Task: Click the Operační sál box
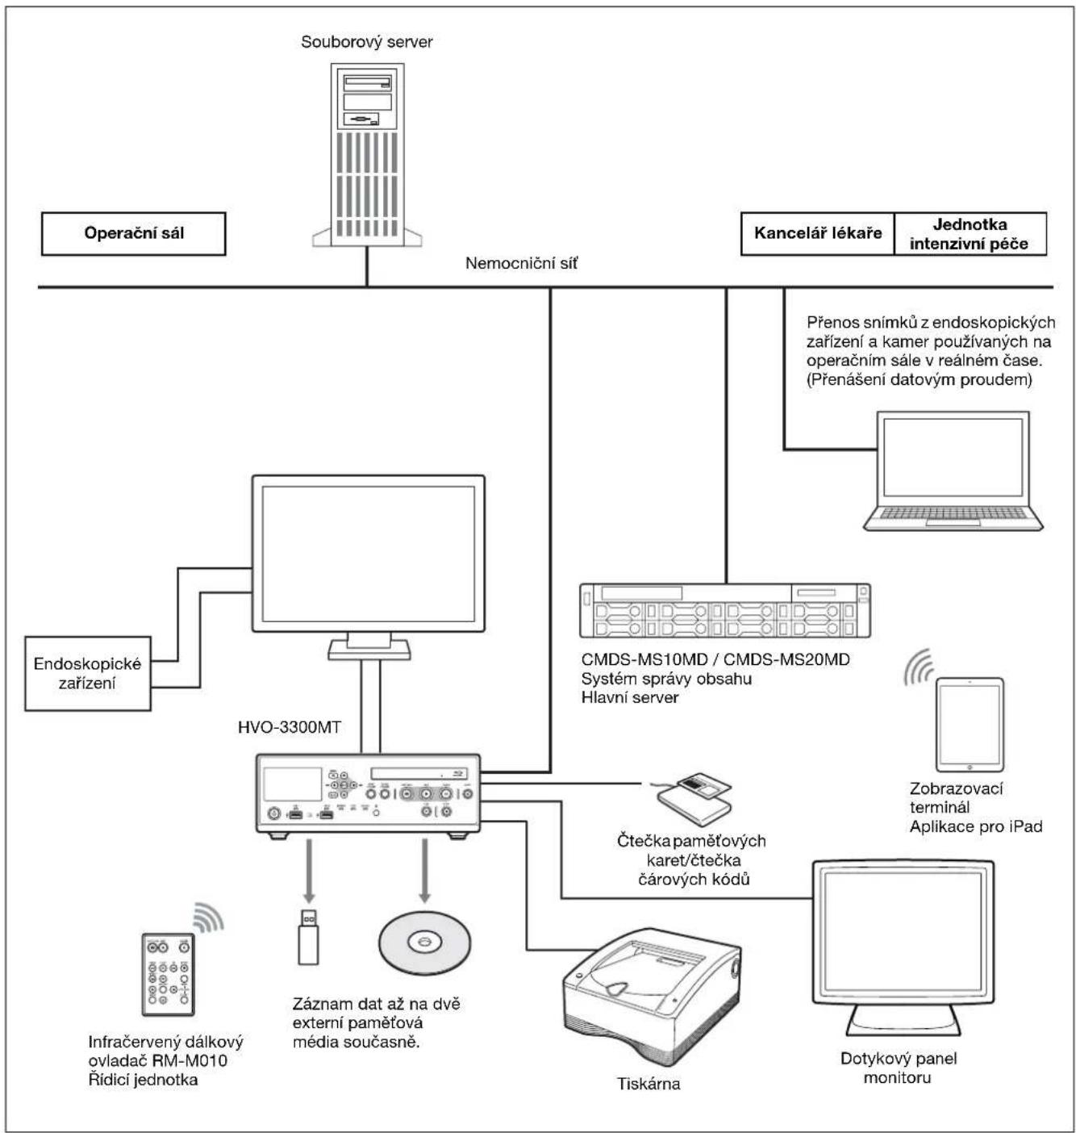[134, 233]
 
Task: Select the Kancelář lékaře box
[817, 233]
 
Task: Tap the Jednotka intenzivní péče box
[970, 233]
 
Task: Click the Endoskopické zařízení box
[88, 672]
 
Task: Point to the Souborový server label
[366, 41]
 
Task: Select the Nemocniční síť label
[521, 263]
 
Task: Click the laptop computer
[953, 470]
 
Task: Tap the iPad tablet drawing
[970, 725]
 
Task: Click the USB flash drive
[308, 936]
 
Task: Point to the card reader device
[694, 799]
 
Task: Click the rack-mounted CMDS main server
[724, 610]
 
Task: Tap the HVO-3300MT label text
[289, 727]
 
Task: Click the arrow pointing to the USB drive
[309, 871]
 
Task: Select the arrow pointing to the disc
[424, 871]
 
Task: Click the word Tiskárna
[649, 1084]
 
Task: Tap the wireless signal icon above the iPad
[918, 667]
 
